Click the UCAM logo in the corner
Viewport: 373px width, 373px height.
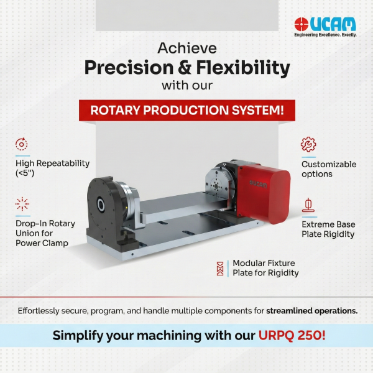325,24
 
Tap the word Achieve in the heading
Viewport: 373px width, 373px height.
186,48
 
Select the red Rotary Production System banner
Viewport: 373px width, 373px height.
187,111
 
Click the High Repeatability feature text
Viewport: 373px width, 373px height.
53,168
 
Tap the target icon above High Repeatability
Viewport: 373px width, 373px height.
22,145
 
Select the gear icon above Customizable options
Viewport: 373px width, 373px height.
308,145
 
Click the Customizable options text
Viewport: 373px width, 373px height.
329,169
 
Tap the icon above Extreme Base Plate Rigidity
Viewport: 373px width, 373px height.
308,205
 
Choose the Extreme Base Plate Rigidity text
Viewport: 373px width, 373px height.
328,229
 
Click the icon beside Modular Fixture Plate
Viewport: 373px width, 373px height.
219,269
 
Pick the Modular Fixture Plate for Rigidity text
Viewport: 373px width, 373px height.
265,268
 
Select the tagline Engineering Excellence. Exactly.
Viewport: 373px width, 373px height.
325,35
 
